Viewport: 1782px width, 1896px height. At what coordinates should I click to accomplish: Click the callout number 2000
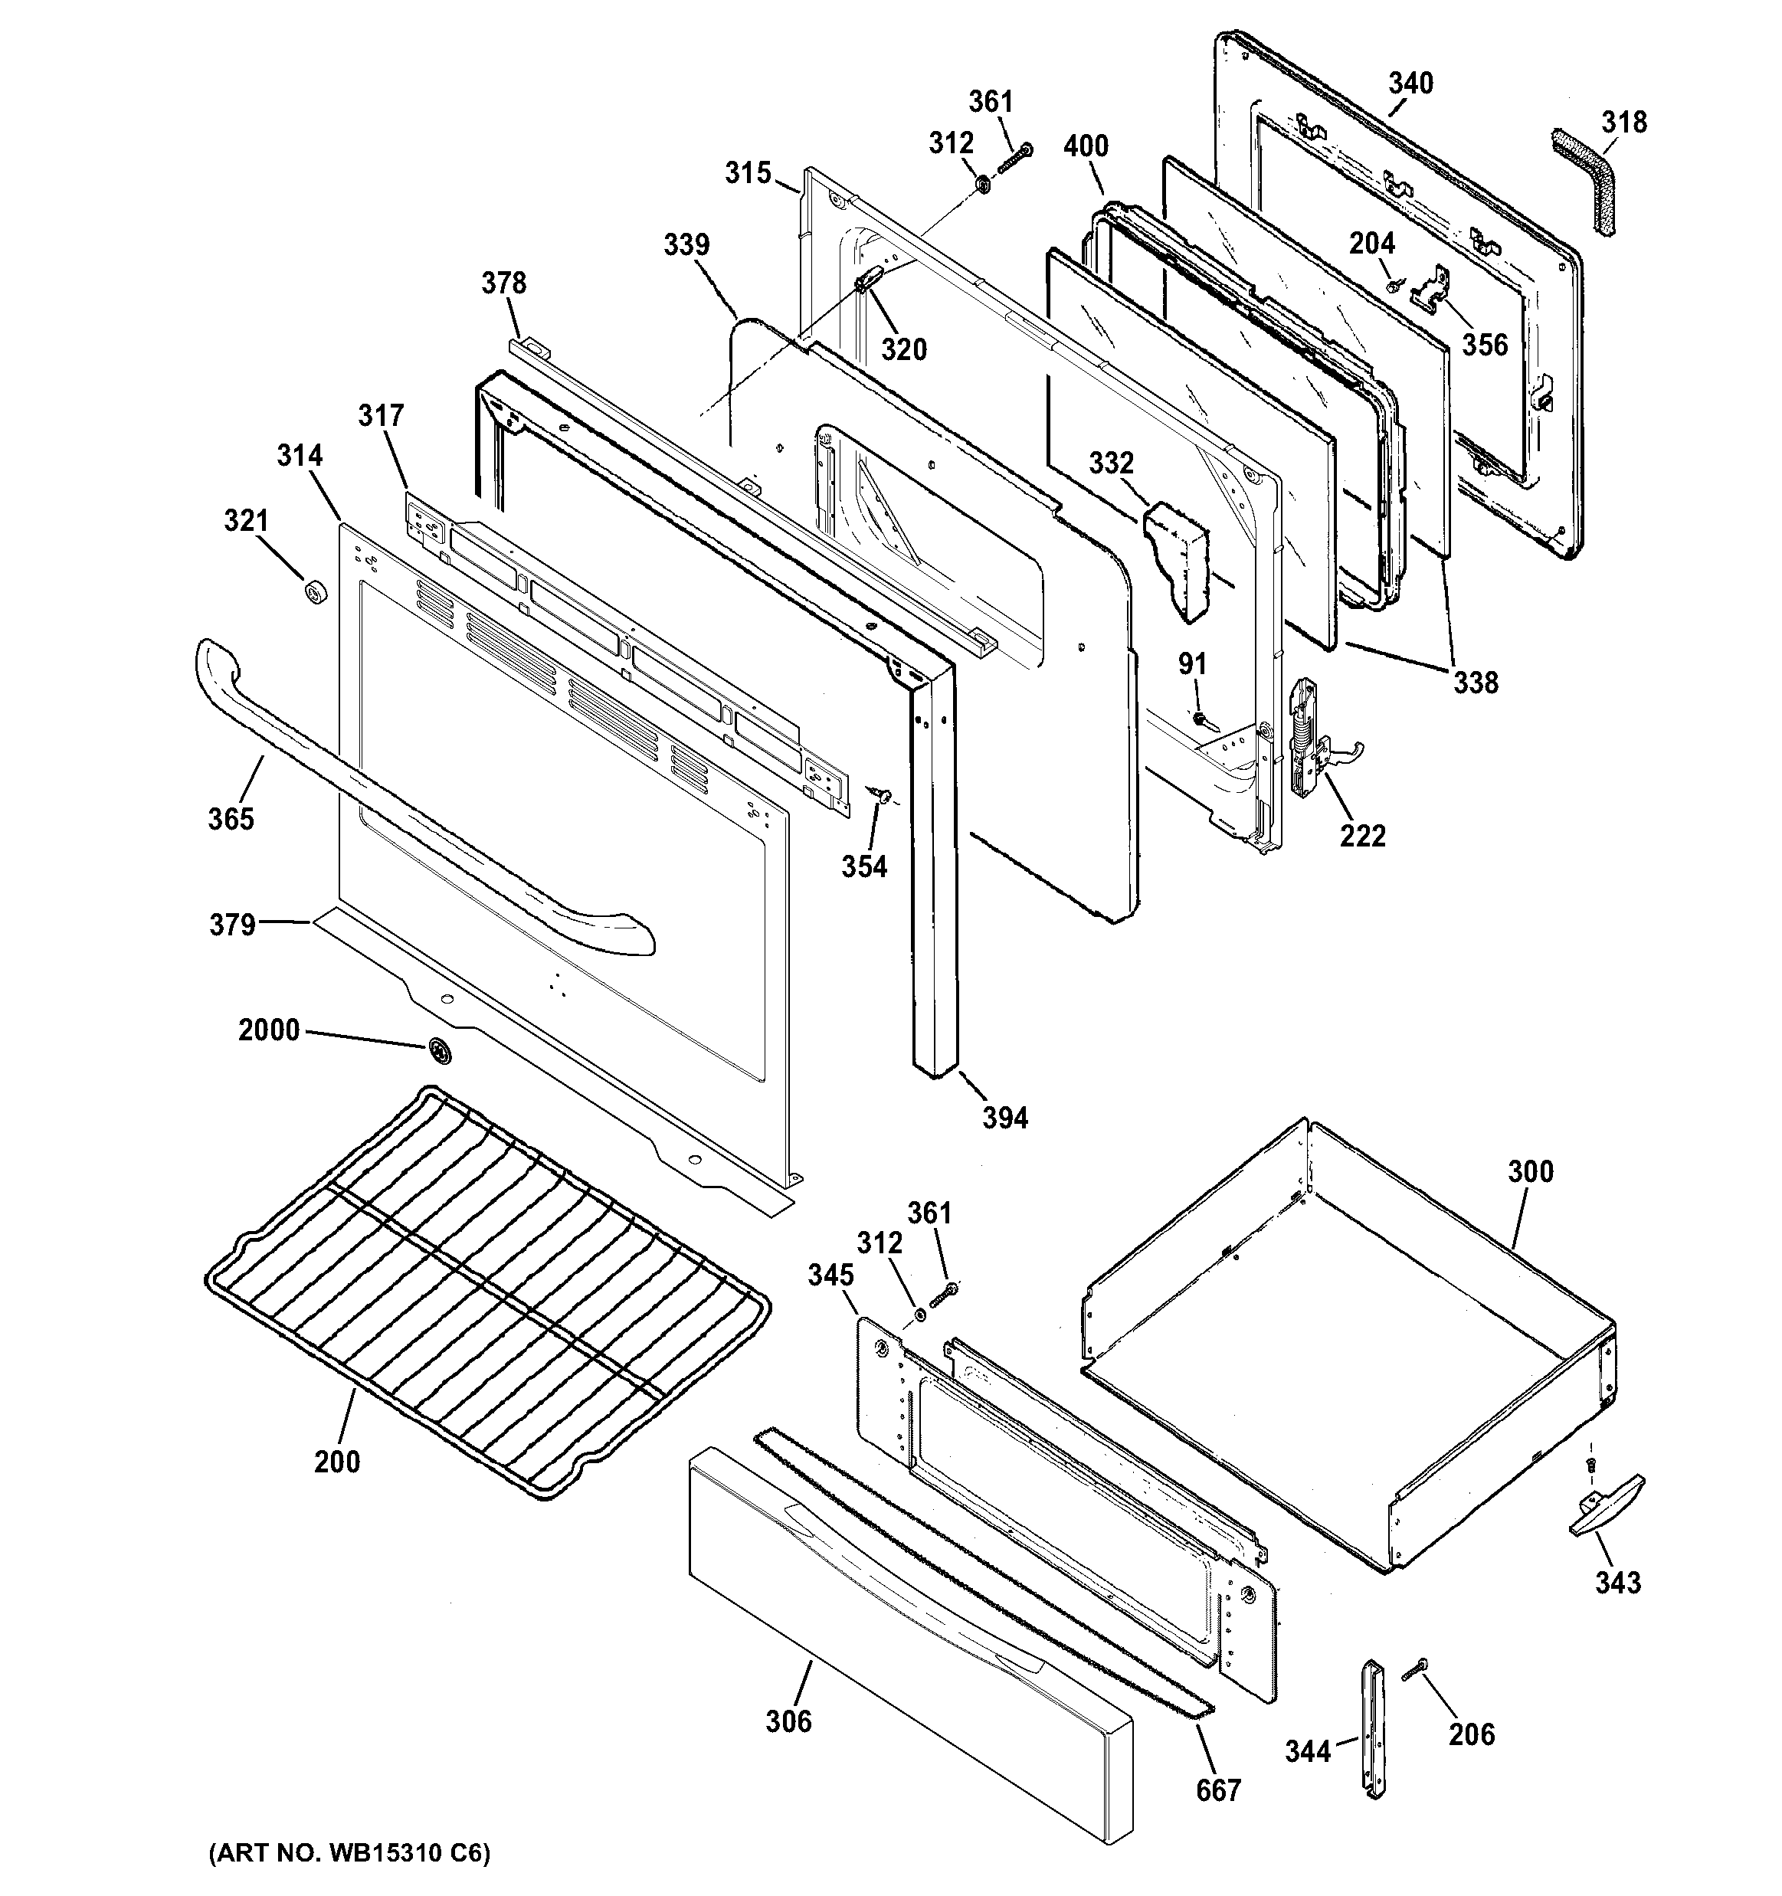[x=269, y=1030]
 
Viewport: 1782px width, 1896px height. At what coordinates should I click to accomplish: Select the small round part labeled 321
[x=315, y=592]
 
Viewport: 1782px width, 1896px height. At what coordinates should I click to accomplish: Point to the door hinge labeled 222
[x=1309, y=740]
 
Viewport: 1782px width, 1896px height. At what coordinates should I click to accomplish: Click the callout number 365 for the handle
[x=231, y=818]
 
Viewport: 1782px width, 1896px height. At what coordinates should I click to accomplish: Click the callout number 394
[x=1004, y=1118]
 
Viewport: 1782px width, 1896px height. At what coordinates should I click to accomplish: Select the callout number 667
[x=1218, y=1790]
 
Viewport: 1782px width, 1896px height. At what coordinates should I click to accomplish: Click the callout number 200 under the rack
[x=337, y=1461]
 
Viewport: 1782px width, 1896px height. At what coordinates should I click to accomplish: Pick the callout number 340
[x=1410, y=84]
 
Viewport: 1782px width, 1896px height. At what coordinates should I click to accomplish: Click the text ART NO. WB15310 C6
[x=349, y=1853]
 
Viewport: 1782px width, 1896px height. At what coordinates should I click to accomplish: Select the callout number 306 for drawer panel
[x=788, y=1721]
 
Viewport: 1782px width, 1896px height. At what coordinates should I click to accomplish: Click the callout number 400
[x=1086, y=146]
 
